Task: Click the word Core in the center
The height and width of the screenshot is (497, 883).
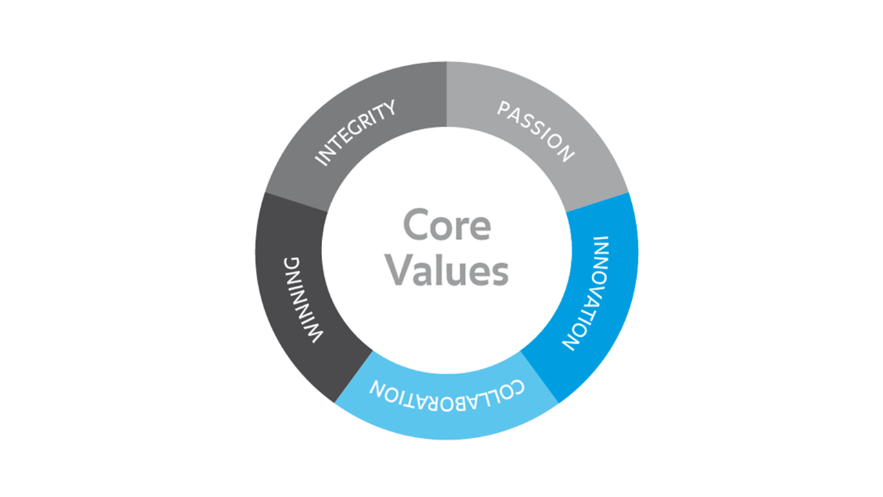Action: point(446,226)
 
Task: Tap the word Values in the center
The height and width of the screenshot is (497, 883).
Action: point(446,271)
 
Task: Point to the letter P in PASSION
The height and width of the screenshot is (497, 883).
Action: point(504,110)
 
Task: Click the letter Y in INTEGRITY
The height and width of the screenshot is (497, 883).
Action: point(390,108)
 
